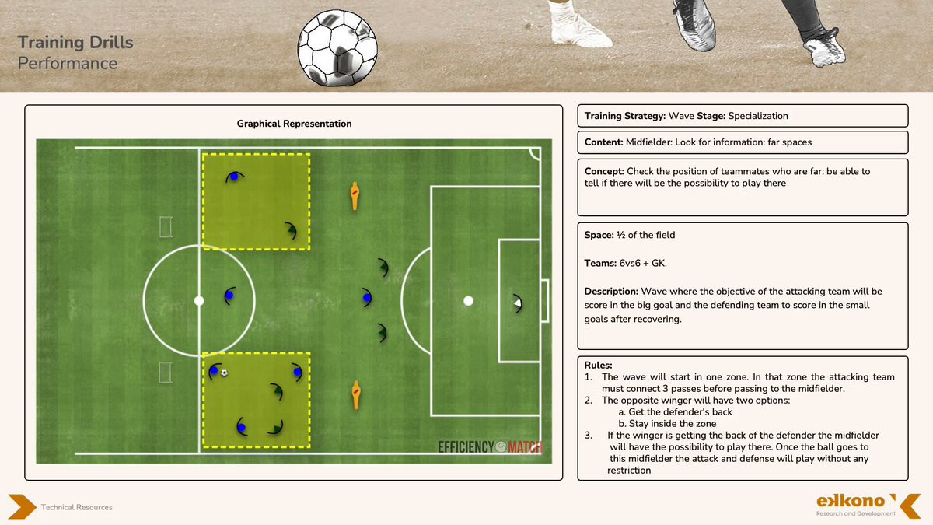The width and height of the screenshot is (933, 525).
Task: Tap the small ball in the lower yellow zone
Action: (224, 373)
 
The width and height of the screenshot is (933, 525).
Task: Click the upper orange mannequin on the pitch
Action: (355, 196)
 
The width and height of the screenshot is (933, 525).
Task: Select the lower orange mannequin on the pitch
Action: (356, 394)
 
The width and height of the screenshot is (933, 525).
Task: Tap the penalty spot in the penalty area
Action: (468, 300)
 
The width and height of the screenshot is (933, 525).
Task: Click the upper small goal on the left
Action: (166, 226)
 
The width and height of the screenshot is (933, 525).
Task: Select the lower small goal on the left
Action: (166, 372)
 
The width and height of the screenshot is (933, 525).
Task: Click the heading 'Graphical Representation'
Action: (294, 124)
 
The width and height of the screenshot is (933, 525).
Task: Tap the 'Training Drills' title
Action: (75, 43)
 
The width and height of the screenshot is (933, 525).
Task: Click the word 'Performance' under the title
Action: (68, 64)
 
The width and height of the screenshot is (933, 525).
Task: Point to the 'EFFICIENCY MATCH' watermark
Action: (489, 447)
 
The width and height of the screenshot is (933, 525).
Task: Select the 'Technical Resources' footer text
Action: (77, 507)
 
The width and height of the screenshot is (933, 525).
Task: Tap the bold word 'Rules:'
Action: (599, 365)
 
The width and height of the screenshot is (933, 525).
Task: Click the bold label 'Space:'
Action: (600, 235)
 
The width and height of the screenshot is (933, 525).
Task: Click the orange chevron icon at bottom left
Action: (22, 506)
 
